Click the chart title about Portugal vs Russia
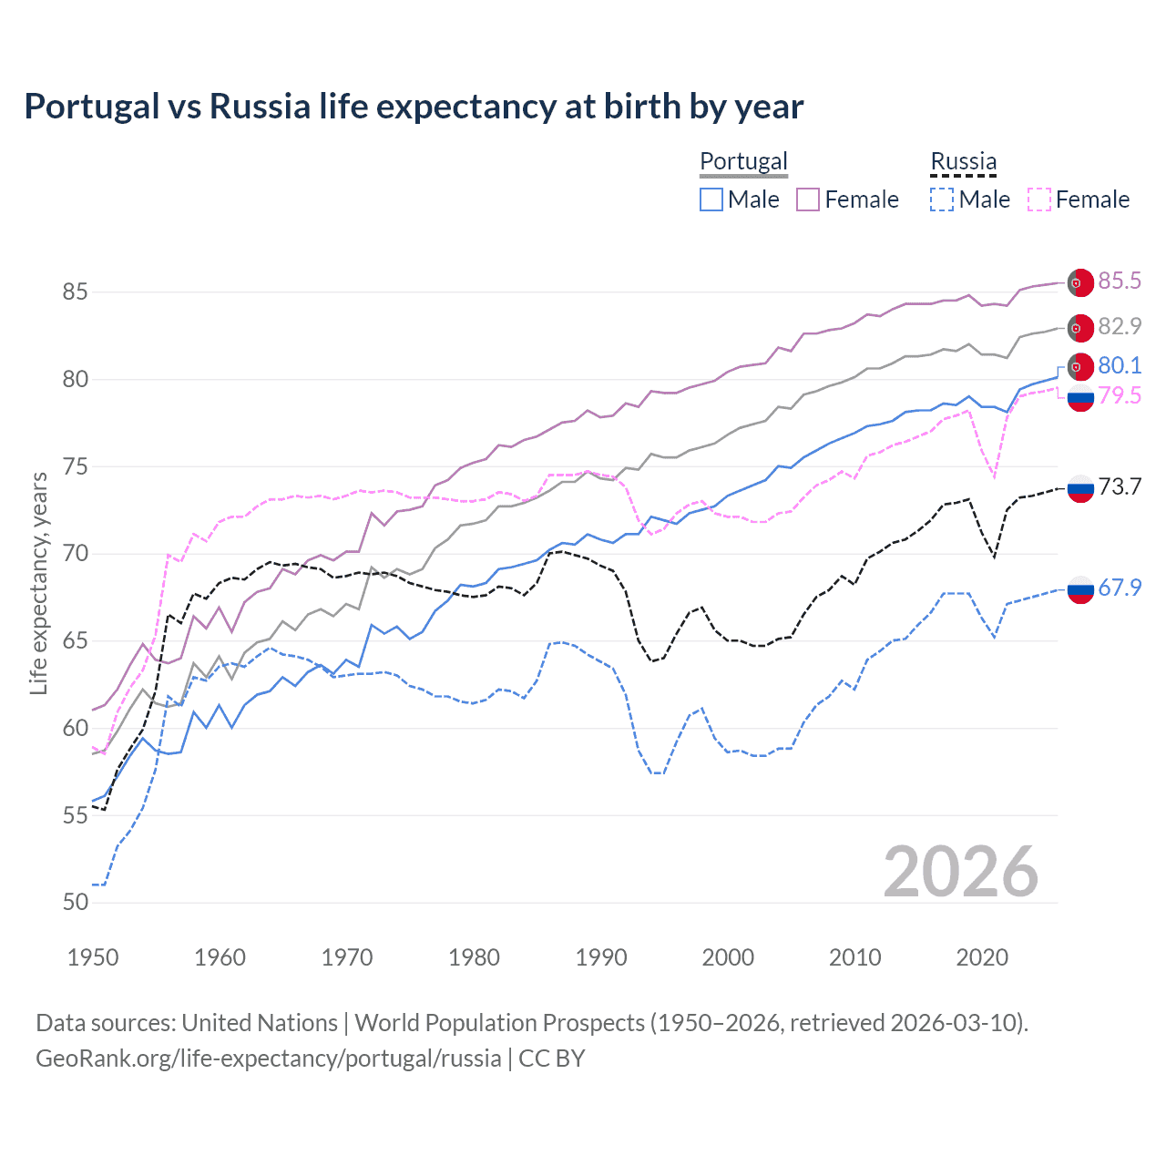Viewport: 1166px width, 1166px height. (x=414, y=107)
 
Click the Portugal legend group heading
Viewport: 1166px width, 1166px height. (x=743, y=161)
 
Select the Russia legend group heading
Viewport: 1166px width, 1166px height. (x=963, y=161)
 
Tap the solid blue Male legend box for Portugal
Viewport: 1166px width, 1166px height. (x=711, y=199)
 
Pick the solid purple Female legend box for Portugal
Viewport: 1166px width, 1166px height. (x=808, y=199)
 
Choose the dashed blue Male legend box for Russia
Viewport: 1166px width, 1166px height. (x=942, y=199)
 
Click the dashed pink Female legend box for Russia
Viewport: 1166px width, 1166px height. (x=1039, y=199)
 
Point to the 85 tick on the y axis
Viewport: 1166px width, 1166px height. (x=76, y=292)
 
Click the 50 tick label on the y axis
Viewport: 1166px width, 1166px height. (x=76, y=903)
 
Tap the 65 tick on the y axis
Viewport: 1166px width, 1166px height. (x=76, y=641)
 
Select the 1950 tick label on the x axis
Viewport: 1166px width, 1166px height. (x=93, y=957)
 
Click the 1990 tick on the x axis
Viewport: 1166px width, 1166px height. (x=601, y=957)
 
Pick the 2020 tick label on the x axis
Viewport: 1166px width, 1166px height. (x=982, y=957)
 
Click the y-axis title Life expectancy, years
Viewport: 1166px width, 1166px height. (x=38, y=583)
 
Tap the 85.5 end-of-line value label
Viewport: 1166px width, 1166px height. (x=1120, y=281)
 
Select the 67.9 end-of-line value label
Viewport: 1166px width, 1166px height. (x=1120, y=588)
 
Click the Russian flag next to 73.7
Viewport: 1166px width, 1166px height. (x=1080, y=488)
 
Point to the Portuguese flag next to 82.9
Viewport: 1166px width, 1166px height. (x=1080, y=328)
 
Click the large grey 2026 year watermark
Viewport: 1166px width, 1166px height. (x=961, y=872)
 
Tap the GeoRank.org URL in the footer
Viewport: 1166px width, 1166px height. (x=269, y=1059)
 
